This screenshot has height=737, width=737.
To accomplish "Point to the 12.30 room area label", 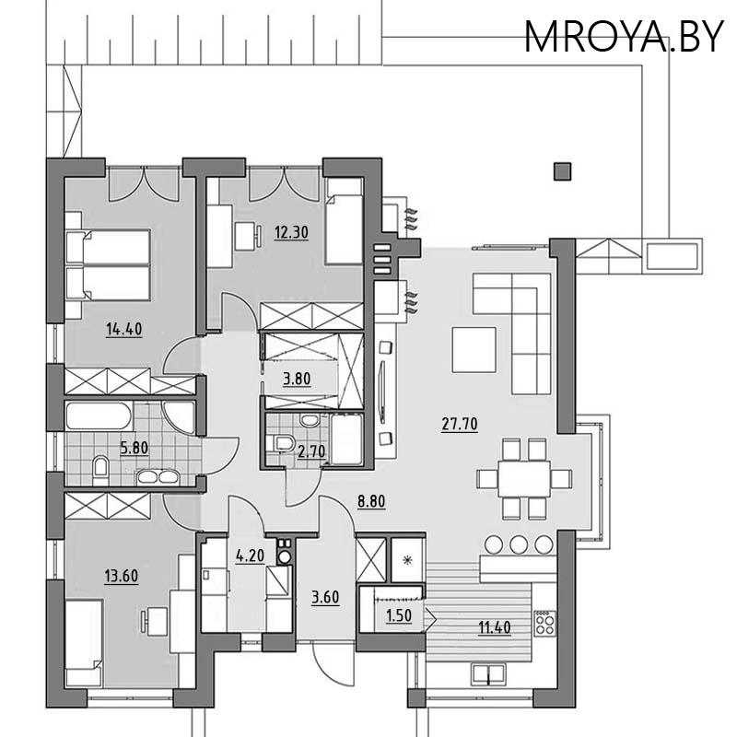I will (x=290, y=233).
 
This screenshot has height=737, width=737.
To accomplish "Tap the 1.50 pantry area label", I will (x=397, y=616).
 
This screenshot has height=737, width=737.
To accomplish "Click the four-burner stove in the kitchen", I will (x=544, y=623).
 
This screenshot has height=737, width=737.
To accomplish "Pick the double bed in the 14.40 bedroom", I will (x=107, y=264).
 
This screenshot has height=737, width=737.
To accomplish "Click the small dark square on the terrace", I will (x=561, y=170).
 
